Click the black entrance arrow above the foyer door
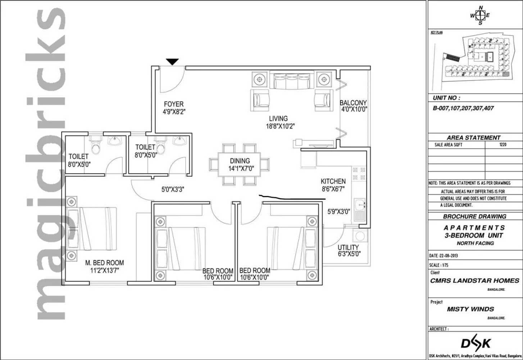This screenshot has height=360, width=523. click(172, 62)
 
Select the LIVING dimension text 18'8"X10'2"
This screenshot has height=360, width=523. click(278, 126)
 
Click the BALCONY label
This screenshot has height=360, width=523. click(353, 103)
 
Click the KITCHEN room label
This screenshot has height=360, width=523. click(333, 181)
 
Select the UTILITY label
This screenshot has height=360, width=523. click(348, 247)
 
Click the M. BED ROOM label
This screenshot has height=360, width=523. click(104, 263)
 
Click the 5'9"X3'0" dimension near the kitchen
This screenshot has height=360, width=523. click(338, 212)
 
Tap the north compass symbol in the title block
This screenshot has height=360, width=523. click(480, 15)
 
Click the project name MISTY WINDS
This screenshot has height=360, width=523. click(470, 309)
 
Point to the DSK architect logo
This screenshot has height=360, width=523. click(476, 343)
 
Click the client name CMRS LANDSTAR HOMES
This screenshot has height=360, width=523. click(474, 280)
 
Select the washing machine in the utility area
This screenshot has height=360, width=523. click(360, 237)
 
